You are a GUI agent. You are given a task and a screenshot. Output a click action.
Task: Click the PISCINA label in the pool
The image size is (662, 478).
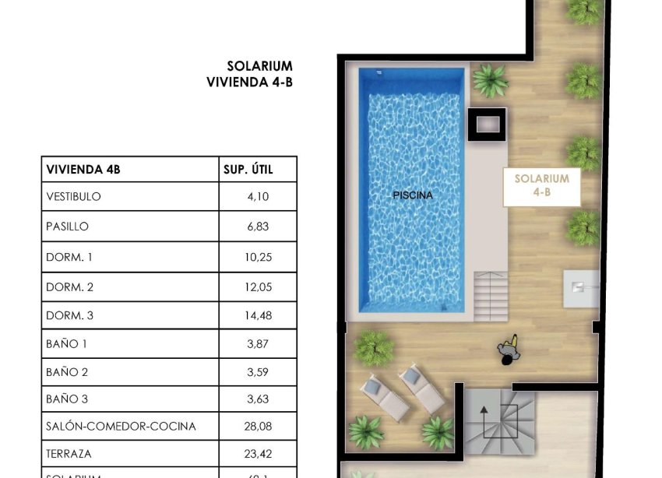[413, 195]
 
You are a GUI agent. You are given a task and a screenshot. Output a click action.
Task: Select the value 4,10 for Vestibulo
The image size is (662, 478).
[258, 197]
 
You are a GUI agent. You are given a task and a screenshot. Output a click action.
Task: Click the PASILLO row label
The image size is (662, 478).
[68, 227]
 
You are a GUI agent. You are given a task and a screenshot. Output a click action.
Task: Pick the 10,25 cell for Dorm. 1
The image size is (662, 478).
[257, 258]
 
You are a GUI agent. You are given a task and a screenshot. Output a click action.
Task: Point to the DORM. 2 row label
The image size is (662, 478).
[70, 288]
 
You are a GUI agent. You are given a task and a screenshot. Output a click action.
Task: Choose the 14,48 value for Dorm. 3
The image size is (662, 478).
[257, 318]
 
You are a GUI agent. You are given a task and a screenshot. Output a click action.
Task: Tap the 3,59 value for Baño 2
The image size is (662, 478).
[257, 372]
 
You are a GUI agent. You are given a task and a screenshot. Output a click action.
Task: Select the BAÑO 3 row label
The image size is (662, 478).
[68, 399]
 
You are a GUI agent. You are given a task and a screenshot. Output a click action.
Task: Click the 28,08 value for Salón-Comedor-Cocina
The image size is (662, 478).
[257, 427]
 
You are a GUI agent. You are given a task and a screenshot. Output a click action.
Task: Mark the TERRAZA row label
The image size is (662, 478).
[69, 454]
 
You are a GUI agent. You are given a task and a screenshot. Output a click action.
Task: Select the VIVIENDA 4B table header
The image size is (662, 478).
[83, 168]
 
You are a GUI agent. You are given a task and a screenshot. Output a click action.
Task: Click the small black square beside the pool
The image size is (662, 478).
[487, 125]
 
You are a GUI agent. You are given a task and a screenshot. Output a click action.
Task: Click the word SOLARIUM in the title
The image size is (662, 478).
[259, 66]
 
